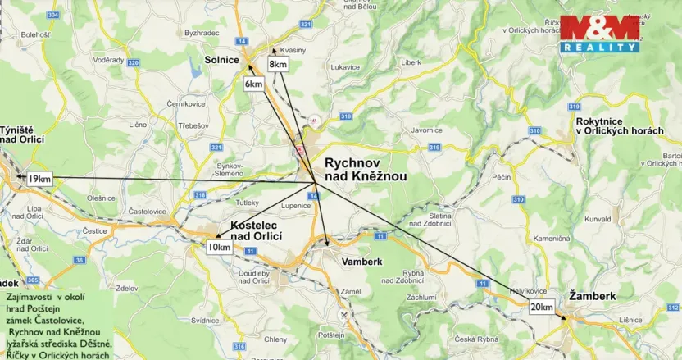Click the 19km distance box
[x=39, y=179]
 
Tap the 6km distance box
[x=254, y=84]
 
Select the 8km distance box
[x=278, y=64]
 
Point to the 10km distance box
[x=219, y=247]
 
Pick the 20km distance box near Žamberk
[x=541, y=307]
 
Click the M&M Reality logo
[x=600, y=34]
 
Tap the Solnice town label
[x=222, y=60]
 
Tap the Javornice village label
[x=427, y=130]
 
